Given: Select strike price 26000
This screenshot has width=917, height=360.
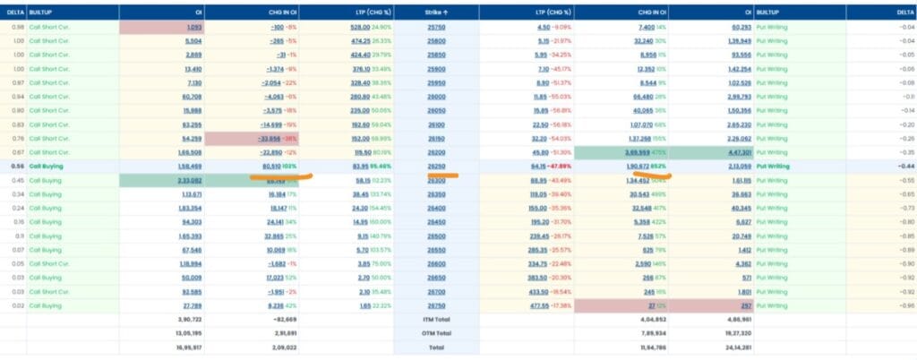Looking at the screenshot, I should pyautogui.click(x=437, y=96).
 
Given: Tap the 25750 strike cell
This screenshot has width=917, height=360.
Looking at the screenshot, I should pyautogui.click(x=437, y=28).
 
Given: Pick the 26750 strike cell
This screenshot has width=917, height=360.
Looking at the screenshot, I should pyautogui.click(x=437, y=305).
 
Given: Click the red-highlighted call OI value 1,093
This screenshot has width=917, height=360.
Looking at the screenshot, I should pyautogui.click(x=193, y=28).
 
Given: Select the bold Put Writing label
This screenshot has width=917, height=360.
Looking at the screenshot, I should pyautogui.click(x=776, y=166).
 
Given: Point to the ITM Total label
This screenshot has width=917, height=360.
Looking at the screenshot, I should pyautogui.click(x=437, y=319).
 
